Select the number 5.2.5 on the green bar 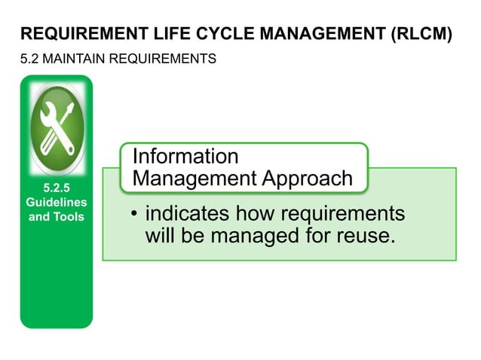point(57,189)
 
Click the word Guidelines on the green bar point(57,203)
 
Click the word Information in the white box point(185,157)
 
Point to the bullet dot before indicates point(134,215)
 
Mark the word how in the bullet point(254,214)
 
